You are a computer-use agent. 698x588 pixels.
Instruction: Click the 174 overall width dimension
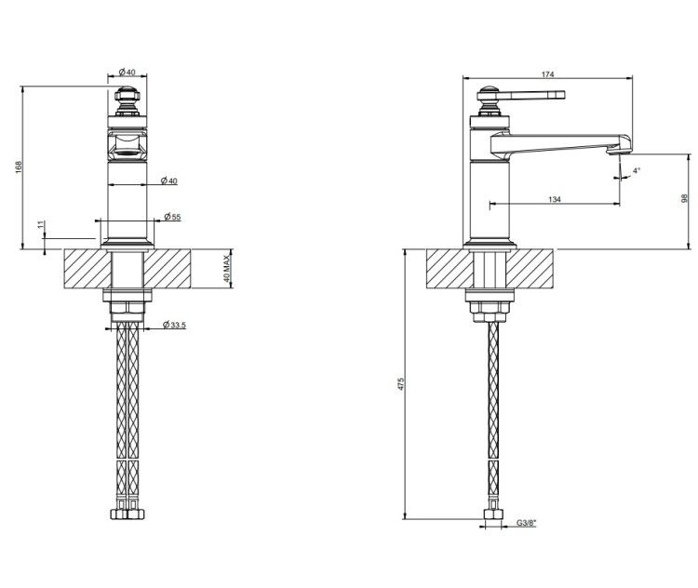(547, 74)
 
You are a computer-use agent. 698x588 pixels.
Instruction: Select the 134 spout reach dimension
(555, 199)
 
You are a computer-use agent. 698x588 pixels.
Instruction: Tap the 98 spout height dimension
(685, 198)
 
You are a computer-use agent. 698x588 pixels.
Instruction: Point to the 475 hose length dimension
(400, 383)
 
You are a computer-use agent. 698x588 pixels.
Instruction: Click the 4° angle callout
(637, 170)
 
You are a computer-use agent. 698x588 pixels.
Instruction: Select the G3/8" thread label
(527, 523)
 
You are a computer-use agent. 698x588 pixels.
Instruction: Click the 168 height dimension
(19, 167)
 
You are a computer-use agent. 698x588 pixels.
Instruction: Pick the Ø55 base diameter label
(172, 217)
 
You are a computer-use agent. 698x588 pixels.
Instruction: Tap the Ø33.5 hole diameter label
(174, 325)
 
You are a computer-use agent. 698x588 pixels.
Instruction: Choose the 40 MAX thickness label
(226, 268)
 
